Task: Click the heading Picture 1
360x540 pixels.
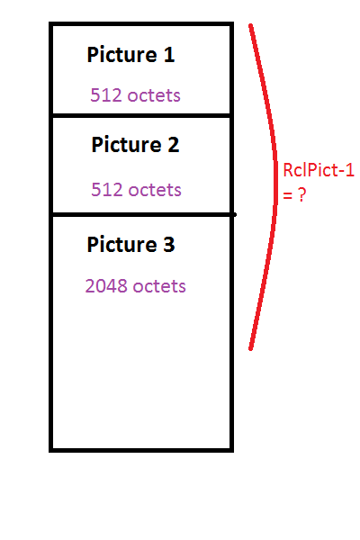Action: point(130,54)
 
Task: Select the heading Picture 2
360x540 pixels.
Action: point(135,144)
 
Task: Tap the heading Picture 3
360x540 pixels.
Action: point(130,244)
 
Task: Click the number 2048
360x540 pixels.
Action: point(106,286)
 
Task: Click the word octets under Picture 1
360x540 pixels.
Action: point(154,95)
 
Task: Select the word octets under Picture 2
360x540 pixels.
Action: point(155,190)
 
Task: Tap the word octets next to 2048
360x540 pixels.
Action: point(159,286)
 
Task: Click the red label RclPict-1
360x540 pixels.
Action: point(319,170)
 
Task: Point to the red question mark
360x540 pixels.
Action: point(301,195)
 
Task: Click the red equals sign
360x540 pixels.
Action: point(288,196)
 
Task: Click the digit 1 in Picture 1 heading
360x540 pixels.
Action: point(169,54)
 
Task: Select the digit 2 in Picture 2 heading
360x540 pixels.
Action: point(174,144)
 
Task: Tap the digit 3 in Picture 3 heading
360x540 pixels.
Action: point(169,244)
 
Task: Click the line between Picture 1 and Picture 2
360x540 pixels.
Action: point(141,115)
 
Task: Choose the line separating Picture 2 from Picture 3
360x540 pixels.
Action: point(143,215)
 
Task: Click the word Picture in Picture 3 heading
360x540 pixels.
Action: point(122,244)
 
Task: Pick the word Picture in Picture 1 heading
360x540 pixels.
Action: point(122,54)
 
